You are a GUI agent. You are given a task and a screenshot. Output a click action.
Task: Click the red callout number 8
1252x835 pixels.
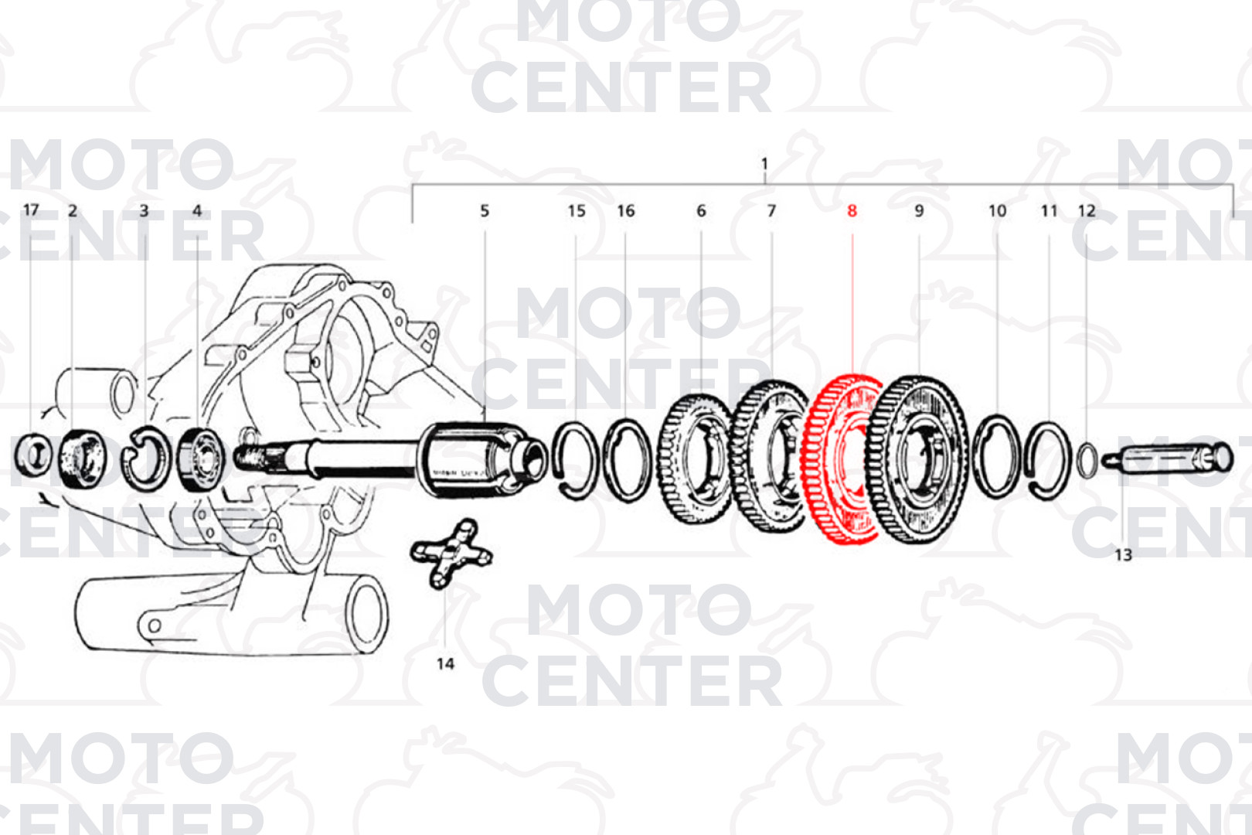852,211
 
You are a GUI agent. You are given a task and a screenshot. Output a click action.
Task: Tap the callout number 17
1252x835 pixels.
31,210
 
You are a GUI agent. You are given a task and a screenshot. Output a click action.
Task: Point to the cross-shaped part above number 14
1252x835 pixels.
451,554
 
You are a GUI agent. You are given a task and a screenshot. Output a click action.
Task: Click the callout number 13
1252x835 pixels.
1124,555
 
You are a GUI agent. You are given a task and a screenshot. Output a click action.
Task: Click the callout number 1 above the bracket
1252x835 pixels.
764,164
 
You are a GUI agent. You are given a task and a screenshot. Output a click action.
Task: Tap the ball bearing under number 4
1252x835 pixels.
200,458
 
